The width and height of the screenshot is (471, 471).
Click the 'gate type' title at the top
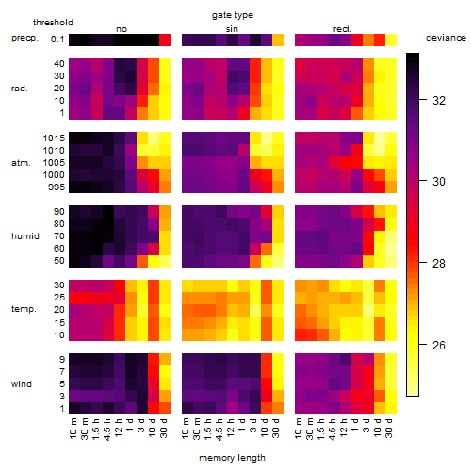233,15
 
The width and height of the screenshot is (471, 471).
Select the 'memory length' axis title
232,458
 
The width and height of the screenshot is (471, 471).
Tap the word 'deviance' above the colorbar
446,38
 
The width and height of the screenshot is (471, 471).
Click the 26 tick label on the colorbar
439,346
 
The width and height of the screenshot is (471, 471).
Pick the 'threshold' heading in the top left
53,23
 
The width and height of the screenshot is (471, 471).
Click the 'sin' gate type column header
232,29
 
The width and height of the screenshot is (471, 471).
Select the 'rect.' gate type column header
342,29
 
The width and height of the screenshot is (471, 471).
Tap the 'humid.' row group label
26,236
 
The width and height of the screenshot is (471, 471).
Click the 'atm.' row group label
21,163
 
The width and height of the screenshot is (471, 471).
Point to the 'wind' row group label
22,384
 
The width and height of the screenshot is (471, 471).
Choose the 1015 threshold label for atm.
54,138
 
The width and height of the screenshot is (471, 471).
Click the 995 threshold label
57,187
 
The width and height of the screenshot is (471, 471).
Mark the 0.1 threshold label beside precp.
57,40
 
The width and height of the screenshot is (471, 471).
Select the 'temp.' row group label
24,309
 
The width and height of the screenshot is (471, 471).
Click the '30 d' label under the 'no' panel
164,428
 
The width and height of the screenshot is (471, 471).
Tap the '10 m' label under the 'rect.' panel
299,428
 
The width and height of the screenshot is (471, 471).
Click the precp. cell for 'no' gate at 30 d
165,40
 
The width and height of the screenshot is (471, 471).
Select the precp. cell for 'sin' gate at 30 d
278,40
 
